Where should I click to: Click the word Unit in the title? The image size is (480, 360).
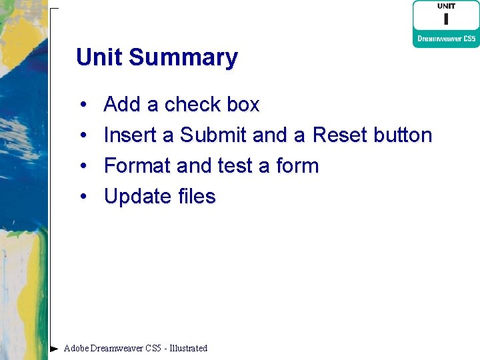99,57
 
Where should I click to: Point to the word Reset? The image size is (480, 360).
340,135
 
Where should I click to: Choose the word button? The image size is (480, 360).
403,135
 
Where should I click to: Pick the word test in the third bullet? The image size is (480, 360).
235,166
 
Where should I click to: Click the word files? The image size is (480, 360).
197,197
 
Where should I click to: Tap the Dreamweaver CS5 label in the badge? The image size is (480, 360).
446,39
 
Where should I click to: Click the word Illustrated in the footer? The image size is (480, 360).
189,348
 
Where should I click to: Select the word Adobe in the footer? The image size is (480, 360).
76,348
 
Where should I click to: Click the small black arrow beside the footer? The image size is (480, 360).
54,348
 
